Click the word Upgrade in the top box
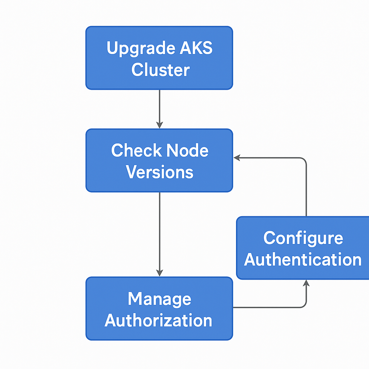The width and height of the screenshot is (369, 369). coord(136,49)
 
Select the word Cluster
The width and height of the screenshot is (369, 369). coord(160,70)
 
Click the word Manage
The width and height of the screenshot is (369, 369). coord(159,299)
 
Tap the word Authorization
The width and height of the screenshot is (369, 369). coord(159,320)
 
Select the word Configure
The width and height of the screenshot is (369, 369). coord(303,238)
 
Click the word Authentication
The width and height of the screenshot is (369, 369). coord(303,259)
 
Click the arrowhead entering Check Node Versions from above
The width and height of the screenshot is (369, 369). coord(159,125)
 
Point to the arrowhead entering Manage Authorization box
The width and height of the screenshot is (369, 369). coord(159,273)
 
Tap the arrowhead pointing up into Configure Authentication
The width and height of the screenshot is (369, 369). coord(306,283)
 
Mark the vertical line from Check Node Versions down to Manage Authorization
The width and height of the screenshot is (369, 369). coord(159,231)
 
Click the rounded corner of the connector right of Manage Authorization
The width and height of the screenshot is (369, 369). coord(304,306)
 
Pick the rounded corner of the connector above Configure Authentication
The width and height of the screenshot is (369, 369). coord(304,159)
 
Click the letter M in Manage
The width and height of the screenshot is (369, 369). coord(134,299)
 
